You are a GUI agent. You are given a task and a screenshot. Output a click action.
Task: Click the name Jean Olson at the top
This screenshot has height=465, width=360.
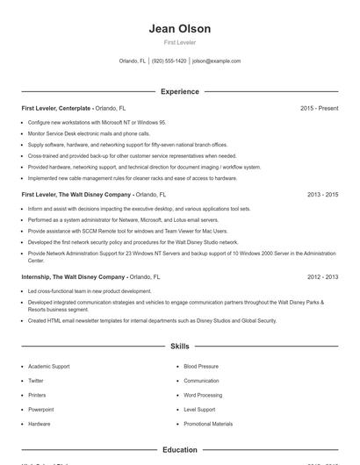180,28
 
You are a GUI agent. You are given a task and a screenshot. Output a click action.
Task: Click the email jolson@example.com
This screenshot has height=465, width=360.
216,61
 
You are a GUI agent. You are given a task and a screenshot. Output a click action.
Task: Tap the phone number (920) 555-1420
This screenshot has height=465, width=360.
169,61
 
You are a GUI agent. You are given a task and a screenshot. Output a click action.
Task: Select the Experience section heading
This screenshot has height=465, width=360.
180,91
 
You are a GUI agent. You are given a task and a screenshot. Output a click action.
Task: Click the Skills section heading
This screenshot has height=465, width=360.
180,347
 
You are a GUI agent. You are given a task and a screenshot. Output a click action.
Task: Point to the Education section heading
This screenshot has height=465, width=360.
180,450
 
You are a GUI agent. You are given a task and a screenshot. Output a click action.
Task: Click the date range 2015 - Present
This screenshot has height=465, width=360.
319,108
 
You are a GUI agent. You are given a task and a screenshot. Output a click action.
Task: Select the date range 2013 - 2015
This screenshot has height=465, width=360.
322,194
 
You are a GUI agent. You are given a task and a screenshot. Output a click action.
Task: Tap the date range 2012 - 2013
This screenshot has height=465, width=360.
322,276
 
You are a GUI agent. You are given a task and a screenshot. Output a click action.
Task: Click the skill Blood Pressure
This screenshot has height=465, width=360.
201,367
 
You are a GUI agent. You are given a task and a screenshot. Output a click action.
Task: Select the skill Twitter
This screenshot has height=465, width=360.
36,381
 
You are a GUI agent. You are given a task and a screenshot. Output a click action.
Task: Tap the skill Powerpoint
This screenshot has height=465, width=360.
40,409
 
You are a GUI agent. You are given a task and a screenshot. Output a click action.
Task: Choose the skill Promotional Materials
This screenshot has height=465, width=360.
208,423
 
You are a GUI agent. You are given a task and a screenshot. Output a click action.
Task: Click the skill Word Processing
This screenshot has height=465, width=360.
202,395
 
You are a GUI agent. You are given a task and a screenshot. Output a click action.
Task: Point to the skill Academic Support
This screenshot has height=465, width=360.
47,367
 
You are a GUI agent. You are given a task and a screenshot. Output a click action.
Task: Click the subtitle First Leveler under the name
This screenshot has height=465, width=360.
180,42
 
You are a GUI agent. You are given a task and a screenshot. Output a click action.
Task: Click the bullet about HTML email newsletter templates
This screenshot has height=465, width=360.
152,320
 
